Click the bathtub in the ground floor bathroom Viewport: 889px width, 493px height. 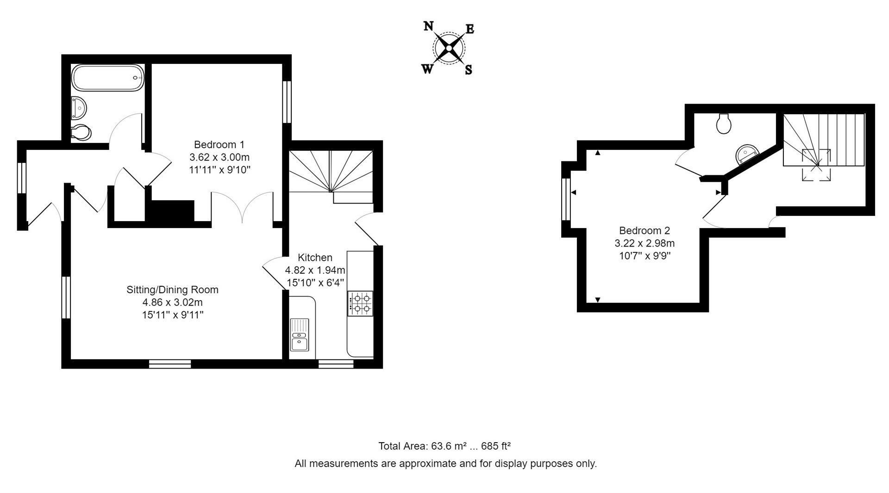pos(108,78)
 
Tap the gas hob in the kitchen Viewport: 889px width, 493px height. pos(361,303)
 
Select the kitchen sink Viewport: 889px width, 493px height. pos(300,335)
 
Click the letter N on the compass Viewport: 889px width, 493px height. pos(429,26)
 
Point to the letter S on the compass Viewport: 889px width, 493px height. pos(469,70)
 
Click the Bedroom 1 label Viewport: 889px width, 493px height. pos(219,144)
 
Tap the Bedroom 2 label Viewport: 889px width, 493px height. pos(645,230)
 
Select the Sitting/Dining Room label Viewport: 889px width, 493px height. pos(172,290)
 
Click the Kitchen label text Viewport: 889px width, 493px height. pos(315,258)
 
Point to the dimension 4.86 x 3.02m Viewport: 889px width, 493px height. pos(173,302)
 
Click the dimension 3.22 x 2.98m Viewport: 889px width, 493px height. pos(645,243)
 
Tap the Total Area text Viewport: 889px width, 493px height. pos(444,446)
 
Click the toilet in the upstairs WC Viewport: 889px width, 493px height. pos(724,123)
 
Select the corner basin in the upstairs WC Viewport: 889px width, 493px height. pos(746,153)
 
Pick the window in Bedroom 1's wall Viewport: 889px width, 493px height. pos(287,102)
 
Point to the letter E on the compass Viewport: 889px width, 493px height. pos(470,29)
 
